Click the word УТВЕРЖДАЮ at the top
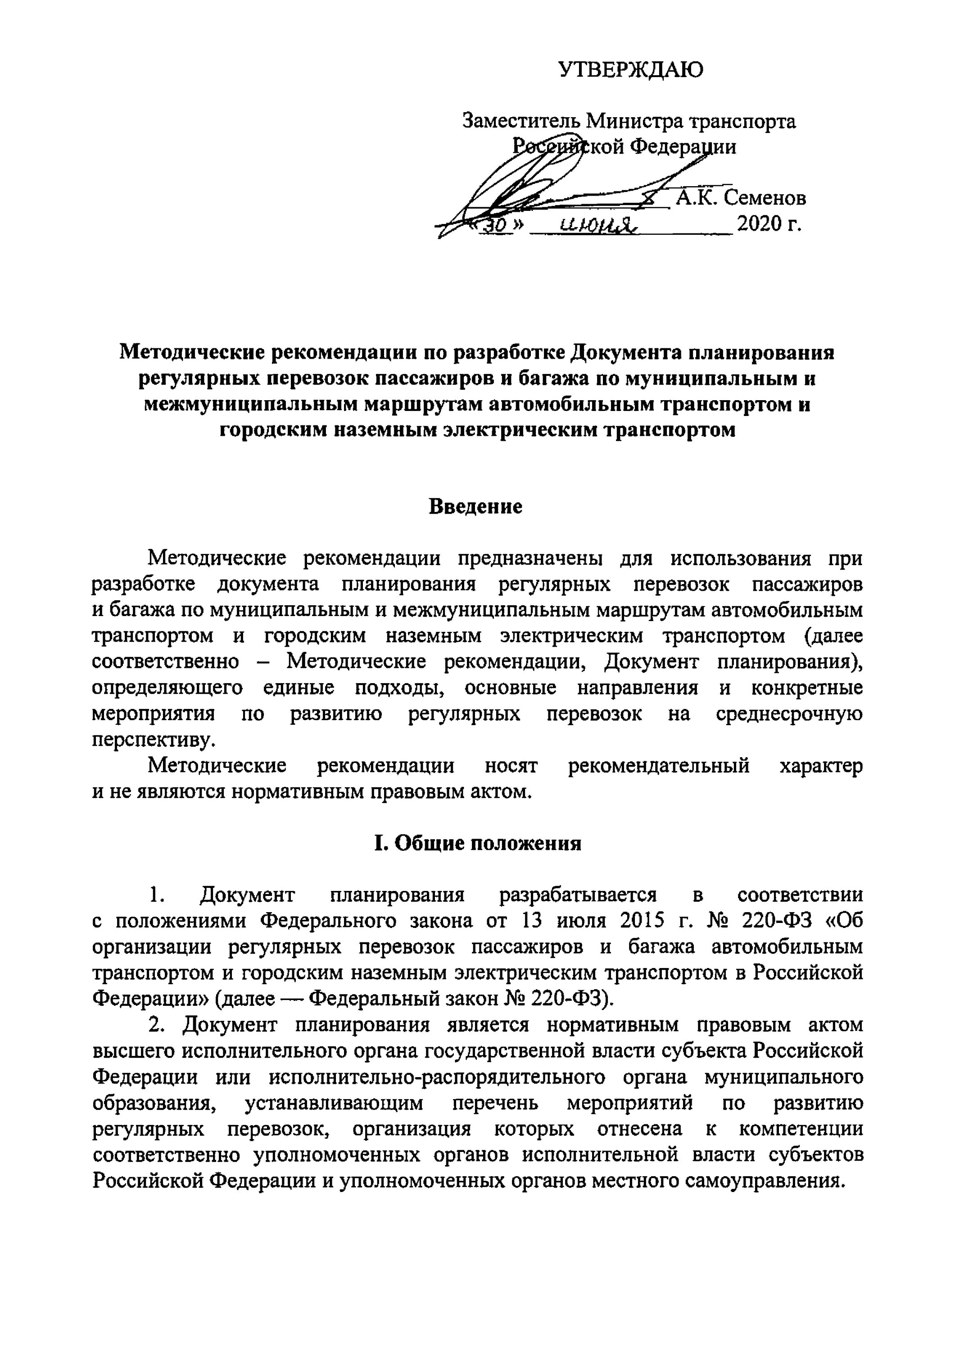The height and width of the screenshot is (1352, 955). [x=630, y=69]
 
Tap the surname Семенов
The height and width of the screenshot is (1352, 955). [x=765, y=198]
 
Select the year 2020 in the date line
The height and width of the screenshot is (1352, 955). [x=760, y=224]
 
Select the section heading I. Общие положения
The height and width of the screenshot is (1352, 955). [x=477, y=843]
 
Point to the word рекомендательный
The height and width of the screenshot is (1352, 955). [x=658, y=766]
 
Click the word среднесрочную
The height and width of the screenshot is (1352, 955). [x=789, y=714]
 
